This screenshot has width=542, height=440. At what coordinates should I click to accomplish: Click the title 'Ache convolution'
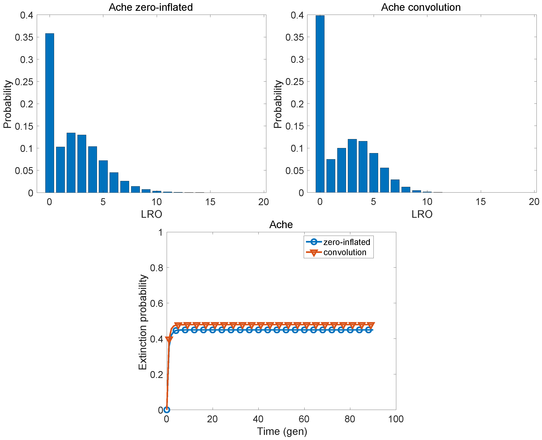tap(421, 7)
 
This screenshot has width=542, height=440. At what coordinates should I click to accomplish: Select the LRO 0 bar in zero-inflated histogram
tap(49, 113)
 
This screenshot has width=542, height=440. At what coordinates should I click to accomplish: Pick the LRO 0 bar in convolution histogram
tap(320, 104)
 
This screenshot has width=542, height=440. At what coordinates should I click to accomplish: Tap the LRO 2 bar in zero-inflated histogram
tap(71, 162)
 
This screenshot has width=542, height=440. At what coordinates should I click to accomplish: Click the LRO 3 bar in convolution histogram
tap(352, 166)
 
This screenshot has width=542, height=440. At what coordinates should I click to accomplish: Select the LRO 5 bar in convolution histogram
tap(373, 173)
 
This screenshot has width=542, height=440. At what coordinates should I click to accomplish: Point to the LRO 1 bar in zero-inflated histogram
tap(60, 170)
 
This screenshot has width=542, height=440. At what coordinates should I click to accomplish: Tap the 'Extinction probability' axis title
tap(143, 322)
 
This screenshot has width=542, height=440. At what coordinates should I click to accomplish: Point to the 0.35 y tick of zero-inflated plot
tap(24, 37)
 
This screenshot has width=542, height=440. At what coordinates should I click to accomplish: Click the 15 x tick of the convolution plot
tap(480, 202)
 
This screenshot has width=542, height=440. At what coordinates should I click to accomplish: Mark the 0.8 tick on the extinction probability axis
tap(156, 268)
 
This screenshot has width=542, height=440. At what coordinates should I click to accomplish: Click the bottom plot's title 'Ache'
tap(281, 224)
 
